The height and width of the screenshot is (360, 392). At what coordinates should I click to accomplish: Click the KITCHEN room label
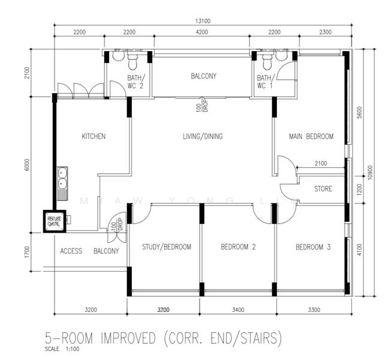(94, 136)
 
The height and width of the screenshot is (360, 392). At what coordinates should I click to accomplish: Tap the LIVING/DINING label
(203, 136)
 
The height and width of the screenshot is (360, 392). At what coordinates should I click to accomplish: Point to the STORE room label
(323, 190)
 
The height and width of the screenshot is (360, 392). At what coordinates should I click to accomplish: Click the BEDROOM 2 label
(239, 247)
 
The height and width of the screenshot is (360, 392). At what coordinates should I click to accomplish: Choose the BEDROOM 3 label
(312, 247)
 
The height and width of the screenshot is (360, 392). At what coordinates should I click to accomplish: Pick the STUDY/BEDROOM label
(167, 247)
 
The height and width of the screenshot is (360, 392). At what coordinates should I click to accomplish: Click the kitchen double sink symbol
(62, 178)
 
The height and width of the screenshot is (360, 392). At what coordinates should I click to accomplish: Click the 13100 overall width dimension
(202, 21)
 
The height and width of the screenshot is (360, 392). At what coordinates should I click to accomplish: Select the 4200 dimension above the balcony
(202, 32)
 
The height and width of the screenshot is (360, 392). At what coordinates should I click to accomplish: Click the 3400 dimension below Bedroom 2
(238, 310)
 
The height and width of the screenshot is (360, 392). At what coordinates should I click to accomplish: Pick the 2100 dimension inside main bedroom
(321, 163)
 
